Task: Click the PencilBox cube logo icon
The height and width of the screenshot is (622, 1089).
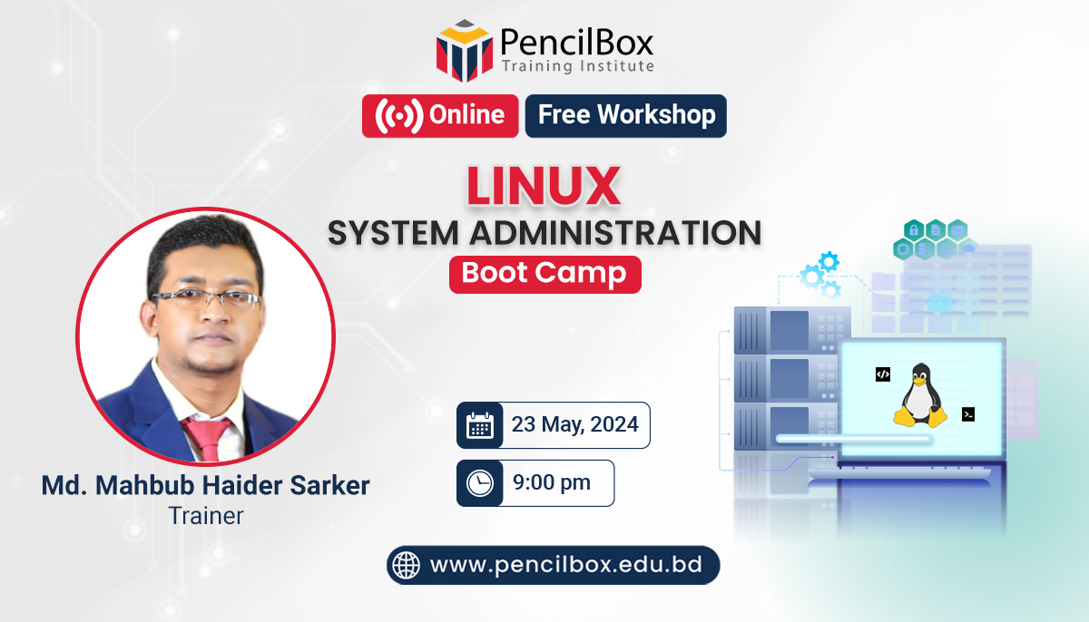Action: tap(465, 51)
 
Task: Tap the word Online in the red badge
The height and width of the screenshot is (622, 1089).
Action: tap(466, 115)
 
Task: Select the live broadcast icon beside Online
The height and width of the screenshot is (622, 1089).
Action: tap(399, 116)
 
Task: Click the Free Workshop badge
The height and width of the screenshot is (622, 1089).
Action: tap(626, 116)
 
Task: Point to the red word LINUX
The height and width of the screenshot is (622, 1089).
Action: tap(544, 186)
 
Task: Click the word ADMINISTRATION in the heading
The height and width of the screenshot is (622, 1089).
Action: tap(615, 233)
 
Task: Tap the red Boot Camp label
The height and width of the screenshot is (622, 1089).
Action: tap(545, 275)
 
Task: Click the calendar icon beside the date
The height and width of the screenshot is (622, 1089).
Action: tap(480, 425)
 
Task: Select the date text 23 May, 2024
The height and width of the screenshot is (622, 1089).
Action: tap(574, 424)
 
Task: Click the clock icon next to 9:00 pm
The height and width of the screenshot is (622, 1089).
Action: tap(480, 483)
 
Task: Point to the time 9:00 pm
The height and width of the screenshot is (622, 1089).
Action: tap(552, 482)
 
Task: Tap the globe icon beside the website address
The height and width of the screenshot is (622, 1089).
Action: tap(407, 565)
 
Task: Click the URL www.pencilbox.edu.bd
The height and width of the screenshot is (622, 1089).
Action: tap(566, 565)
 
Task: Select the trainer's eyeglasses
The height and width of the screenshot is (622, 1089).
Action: tap(206, 298)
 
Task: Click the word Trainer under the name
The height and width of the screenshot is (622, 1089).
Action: tap(206, 516)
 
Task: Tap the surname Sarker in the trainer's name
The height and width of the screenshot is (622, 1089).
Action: tap(329, 486)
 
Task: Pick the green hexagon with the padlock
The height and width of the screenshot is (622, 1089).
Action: tap(914, 229)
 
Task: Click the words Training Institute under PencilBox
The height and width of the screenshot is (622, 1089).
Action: tap(578, 66)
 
